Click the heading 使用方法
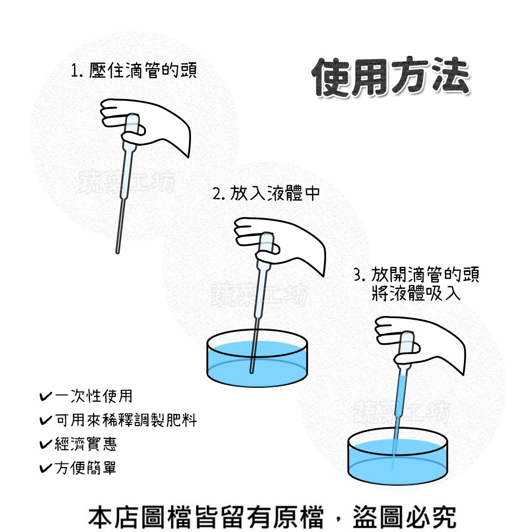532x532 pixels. (x=391, y=78)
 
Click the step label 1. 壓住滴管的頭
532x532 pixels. (x=134, y=71)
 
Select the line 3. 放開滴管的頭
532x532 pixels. (x=417, y=275)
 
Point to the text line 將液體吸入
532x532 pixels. (x=417, y=293)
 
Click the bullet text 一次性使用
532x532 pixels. (x=93, y=396)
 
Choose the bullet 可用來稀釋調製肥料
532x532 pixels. (x=126, y=420)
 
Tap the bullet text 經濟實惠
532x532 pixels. (x=86, y=444)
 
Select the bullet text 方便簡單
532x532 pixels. (x=86, y=468)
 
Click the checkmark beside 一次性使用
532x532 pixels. (x=46, y=396)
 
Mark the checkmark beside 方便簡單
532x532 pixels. (x=46, y=468)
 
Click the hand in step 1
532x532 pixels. (x=146, y=126)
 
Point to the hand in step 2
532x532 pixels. (x=280, y=245)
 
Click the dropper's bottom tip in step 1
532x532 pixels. (x=118, y=252)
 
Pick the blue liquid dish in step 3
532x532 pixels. (x=397, y=456)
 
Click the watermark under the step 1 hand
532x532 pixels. (x=127, y=182)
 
